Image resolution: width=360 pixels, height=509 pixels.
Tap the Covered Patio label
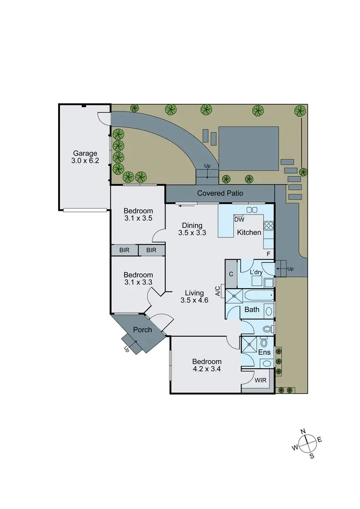(x=220, y=194)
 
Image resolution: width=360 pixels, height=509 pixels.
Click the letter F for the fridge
(x=269, y=253)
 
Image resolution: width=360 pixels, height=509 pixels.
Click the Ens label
(x=264, y=352)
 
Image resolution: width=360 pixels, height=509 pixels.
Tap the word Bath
(x=252, y=310)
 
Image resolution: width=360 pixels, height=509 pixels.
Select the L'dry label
(x=257, y=272)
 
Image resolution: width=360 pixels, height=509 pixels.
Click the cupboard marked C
(x=231, y=274)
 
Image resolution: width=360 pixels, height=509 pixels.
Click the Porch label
(x=143, y=329)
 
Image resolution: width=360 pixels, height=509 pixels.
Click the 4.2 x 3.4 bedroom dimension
(x=207, y=370)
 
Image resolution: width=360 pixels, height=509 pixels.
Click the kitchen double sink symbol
(x=252, y=210)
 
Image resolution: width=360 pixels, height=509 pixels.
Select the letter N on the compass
(x=303, y=431)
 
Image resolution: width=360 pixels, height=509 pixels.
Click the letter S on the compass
(x=312, y=456)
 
